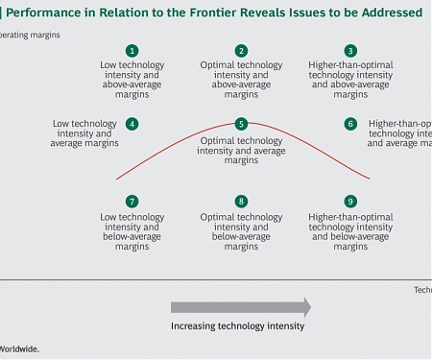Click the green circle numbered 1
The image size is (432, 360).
point(132,51)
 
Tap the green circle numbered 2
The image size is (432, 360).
point(241,51)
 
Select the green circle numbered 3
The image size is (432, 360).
point(350,51)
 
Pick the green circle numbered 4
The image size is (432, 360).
point(132,124)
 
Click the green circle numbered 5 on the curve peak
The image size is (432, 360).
point(241,124)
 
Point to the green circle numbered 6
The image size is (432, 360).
point(350,124)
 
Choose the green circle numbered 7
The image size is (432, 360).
point(132,202)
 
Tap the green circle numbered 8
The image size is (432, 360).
point(241,202)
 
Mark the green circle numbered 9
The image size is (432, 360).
point(350,202)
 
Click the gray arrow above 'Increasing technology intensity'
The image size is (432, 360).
point(240,307)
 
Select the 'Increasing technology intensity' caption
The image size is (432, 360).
point(237,326)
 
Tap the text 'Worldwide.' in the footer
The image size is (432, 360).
point(19,349)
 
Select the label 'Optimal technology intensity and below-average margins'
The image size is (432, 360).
point(241,231)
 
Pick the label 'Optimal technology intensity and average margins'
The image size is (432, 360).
point(241,151)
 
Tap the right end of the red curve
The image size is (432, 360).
point(370,179)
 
